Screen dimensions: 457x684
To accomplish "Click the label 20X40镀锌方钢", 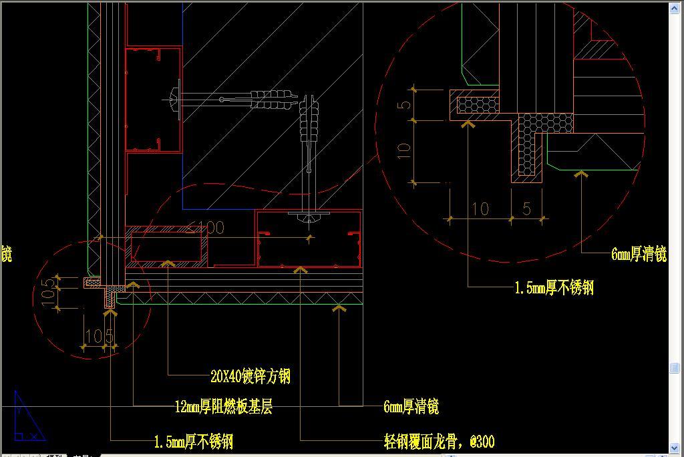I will pyautogui.click(x=250, y=377).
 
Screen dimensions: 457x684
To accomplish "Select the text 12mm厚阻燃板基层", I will pyautogui.click(x=223, y=407).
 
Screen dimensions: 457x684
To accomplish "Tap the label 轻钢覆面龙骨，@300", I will pyautogui.click(x=439, y=442).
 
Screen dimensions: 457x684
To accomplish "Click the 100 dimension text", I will pyautogui.click(x=210, y=228).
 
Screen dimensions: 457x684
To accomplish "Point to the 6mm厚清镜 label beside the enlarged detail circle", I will pyautogui.click(x=639, y=254).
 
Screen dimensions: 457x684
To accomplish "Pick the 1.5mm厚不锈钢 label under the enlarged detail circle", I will pyautogui.click(x=554, y=288).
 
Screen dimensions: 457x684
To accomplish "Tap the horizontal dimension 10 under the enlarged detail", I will pyautogui.click(x=480, y=209).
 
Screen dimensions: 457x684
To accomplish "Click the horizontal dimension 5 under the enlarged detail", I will pyautogui.click(x=527, y=209).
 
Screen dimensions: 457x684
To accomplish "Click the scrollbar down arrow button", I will pyautogui.click(x=675, y=448).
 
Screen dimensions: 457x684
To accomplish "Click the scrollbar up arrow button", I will pyautogui.click(x=675, y=7).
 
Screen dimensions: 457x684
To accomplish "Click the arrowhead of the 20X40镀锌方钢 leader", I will pyautogui.click(x=168, y=265).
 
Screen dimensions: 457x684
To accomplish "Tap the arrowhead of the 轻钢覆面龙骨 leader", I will pyautogui.click(x=301, y=270).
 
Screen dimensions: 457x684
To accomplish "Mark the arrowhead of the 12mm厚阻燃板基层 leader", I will pyautogui.click(x=133, y=287).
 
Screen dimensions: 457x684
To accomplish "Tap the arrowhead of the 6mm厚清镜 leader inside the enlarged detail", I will pyautogui.click(x=581, y=174).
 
